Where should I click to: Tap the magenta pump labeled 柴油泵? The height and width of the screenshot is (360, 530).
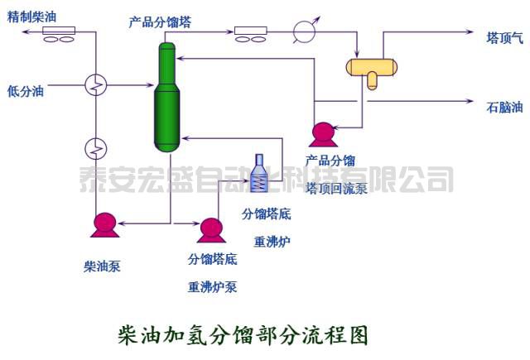point(104,223)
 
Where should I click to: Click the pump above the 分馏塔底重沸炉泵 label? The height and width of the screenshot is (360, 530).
point(212,228)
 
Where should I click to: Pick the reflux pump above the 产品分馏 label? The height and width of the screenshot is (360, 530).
point(320,132)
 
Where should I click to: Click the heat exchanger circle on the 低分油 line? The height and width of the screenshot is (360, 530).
point(97,83)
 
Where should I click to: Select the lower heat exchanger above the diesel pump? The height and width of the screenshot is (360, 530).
point(97,148)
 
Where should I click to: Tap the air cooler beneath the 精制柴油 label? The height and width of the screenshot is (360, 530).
point(59,33)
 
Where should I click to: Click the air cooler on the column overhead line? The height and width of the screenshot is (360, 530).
point(249,34)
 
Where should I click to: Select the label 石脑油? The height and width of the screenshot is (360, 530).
point(504,107)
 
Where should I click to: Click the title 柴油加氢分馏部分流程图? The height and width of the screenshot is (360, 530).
point(243,335)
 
